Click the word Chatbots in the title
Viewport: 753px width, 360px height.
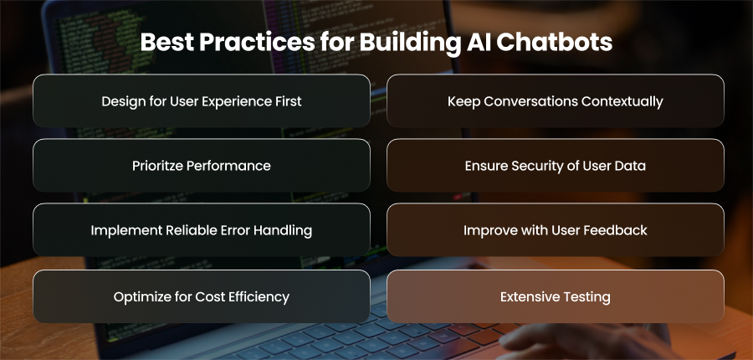point(554,43)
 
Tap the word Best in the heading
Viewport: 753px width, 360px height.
point(166,43)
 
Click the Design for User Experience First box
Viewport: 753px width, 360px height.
point(202,101)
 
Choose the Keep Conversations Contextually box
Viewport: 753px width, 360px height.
point(556,101)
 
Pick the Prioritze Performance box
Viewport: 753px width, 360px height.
point(202,165)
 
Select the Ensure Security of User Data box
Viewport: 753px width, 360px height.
point(556,165)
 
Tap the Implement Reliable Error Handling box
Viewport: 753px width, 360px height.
point(202,229)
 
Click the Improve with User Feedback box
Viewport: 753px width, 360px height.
point(556,229)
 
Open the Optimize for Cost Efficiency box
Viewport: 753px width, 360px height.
point(202,296)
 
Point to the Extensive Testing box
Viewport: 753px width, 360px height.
point(556,296)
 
